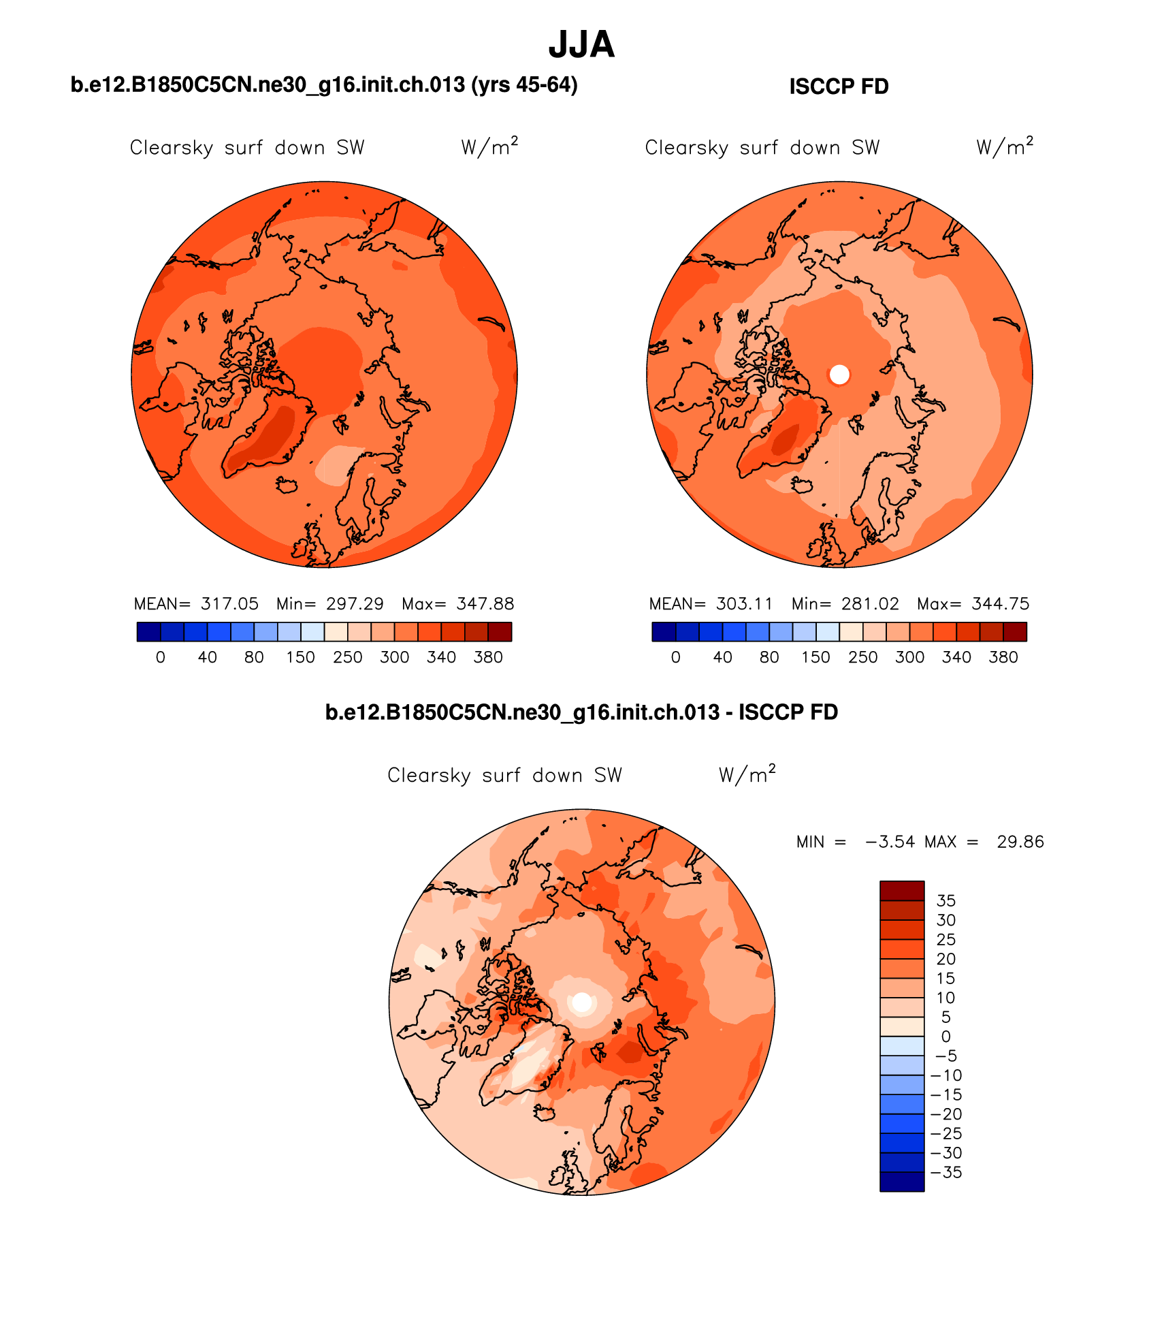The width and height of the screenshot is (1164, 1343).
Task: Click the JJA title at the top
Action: coord(581,45)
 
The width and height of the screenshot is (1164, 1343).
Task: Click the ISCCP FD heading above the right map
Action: coord(839,86)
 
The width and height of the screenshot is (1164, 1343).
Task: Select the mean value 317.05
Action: coord(229,604)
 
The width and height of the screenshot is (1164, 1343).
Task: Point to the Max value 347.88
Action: coord(485,604)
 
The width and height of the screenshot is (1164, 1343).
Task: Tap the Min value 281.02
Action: coord(870,604)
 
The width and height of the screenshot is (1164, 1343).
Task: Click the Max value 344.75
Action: coord(1001,604)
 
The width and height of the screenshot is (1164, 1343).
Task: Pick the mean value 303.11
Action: coord(745,604)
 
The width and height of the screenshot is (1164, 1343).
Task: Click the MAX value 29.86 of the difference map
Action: coord(1020,842)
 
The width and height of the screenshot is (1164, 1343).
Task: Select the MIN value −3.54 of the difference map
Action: coord(890,842)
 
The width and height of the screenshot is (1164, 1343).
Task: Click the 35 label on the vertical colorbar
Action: coord(946,901)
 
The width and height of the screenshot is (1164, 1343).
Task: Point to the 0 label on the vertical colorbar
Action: coord(946,1037)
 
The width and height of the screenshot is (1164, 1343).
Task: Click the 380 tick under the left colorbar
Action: coord(488,657)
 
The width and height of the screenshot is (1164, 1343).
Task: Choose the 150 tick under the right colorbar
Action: coord(815,657)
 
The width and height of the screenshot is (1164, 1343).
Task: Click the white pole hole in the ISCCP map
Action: coord(840,374)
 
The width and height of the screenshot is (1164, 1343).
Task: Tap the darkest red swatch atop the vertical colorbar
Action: coord(902,891)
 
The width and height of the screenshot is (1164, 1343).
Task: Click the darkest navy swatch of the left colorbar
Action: coord(149,632)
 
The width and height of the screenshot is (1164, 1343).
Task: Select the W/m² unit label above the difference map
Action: coord(747,775)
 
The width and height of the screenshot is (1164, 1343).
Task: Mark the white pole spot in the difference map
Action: coord(582,1002)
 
